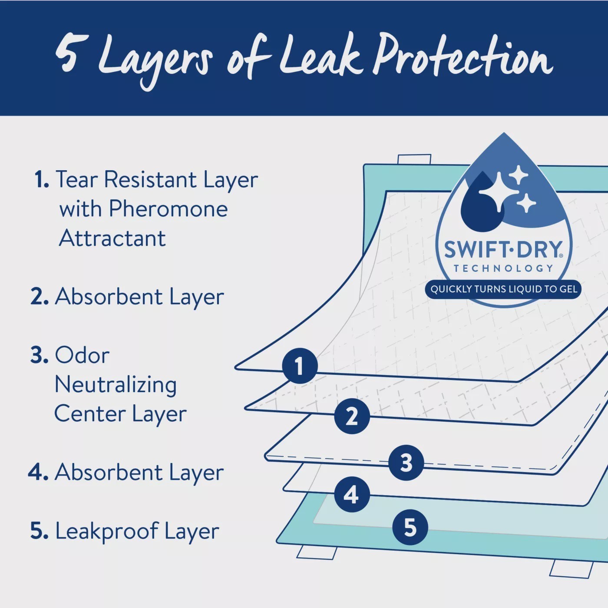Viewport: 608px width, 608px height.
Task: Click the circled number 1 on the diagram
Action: pyautogui.click(x=300, y=366)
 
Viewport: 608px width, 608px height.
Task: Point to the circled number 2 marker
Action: pyautogui.click(x=352, y=416)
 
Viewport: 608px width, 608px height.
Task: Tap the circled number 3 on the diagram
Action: pyautogui.click(x=406, y=463)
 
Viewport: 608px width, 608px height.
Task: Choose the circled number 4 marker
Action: pyautogui.click(x=352, y=494)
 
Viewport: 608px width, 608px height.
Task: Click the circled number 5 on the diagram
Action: pyautogui.click(x=410, y=527)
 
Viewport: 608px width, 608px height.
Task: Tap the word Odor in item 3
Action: pyautogui.click(x=82, y=355)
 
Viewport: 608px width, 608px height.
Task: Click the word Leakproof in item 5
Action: pyautogui.click(x=107, y=531)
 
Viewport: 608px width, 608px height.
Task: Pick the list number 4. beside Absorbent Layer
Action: pyautogui.click(x=38, y=473)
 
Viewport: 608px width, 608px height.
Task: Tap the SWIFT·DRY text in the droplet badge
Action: pyautogui.click(x=504, y=249)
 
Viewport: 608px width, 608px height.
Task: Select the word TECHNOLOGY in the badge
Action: pyautogui.click(x=504, y=268)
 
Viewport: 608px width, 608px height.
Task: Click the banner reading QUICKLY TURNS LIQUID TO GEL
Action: pyautogui.click(x=504, y=289)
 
